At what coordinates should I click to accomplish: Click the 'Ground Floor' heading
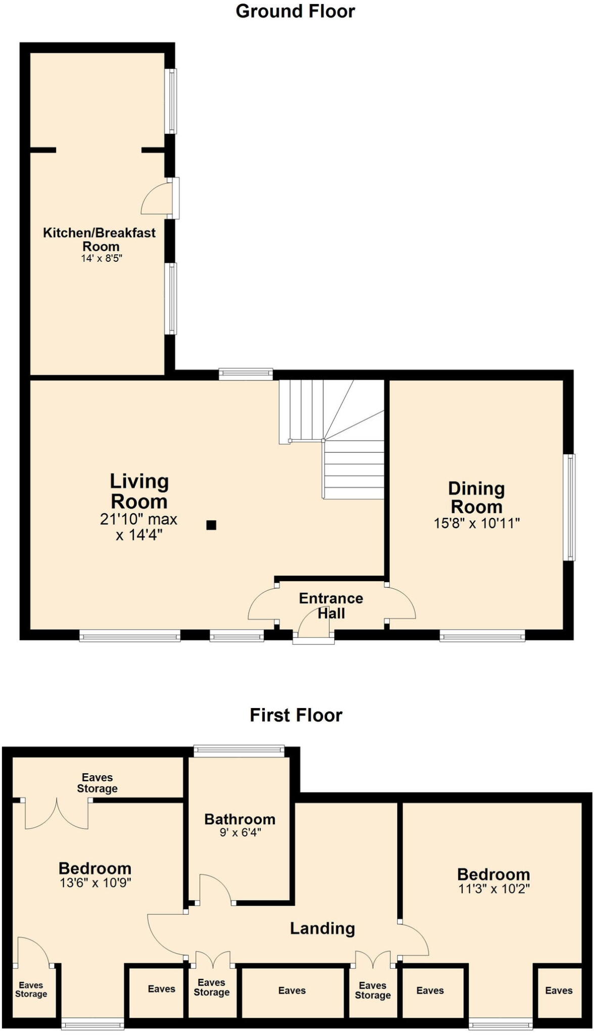click(x=295, y=11)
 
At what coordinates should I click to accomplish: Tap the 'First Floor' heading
click(x=296, y=715)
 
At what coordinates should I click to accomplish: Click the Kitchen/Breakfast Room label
click(x=100, y=240)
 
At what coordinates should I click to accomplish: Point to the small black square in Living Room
click(x=211, y=525)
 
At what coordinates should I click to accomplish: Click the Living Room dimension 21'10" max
click(x=139, y=520)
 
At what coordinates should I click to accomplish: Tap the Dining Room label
click(x=476, y=498)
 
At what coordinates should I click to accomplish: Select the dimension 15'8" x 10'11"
click(x=477, y=523)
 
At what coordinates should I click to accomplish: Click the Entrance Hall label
click(x=331, y=606)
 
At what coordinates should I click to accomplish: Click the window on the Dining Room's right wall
click(x=570, y=507)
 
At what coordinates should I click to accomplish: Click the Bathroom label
click(x=240, y=819)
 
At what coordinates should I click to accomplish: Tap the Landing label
click(x=323, y=928)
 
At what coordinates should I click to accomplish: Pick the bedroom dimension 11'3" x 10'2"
click(x=494, y=888)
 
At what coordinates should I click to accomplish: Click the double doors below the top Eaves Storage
click(x=57, y=815)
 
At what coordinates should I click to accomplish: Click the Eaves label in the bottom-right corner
click(x=559, y=991)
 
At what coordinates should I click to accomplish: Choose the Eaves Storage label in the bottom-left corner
click(x=31, y=990)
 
